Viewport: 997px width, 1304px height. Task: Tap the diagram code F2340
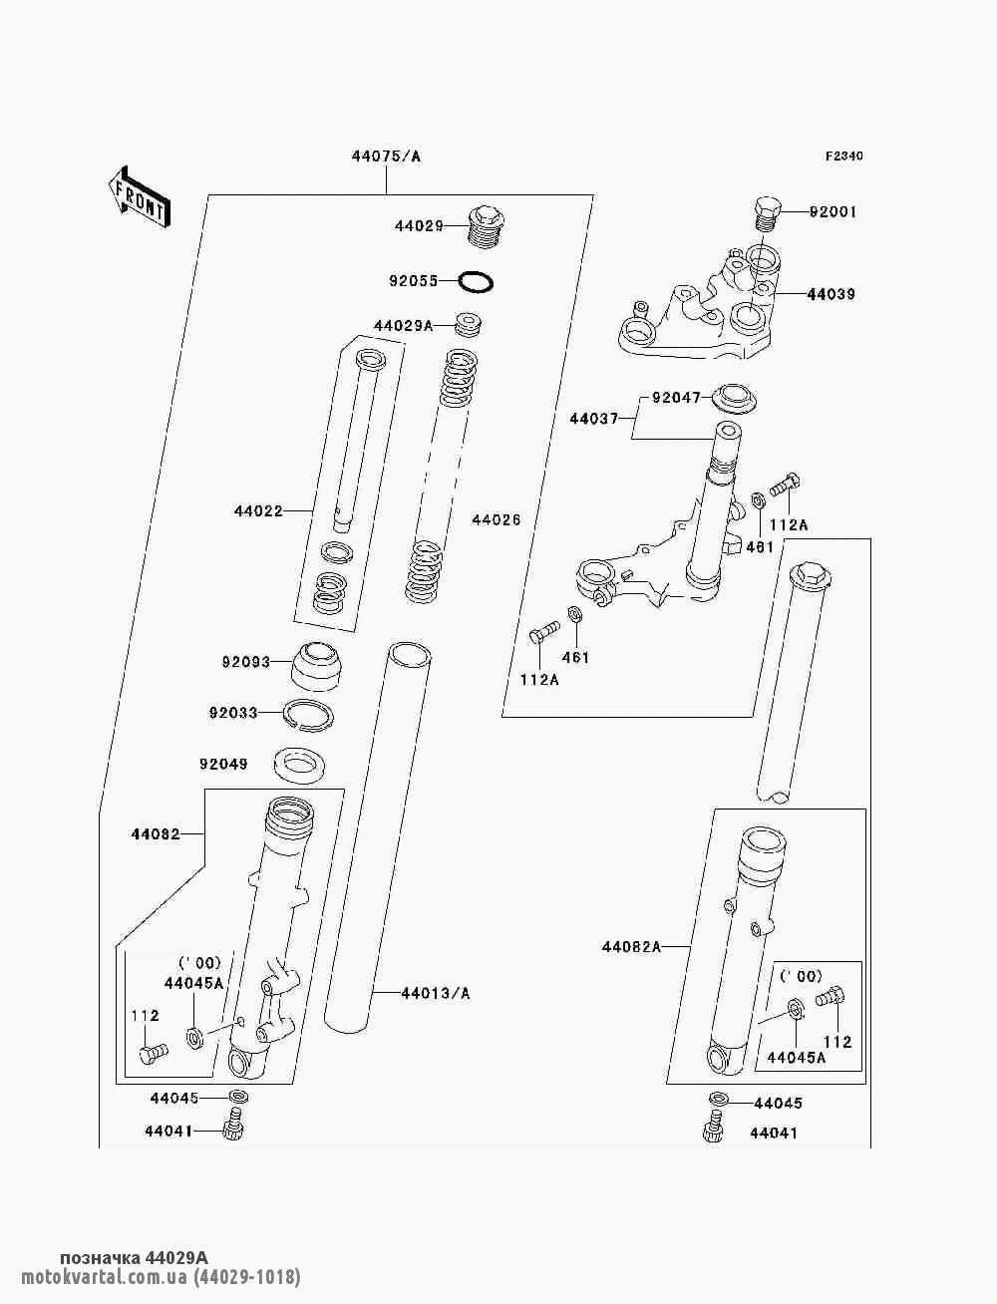pos(843,156)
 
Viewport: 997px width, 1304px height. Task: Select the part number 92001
pos(832,212)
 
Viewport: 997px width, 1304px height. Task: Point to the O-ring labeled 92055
pos(477,282)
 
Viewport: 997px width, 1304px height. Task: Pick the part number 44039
pos(831,294)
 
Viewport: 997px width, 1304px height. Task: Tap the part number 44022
pos(258,511)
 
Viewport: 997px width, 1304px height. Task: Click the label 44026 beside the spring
pos(496,520)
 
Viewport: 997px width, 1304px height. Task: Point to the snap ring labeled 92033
pos(309,714)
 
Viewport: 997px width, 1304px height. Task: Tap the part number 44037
pos(594,419)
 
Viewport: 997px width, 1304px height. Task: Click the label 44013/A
pos(435,993)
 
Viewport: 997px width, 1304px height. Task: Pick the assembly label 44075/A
pos(386,157)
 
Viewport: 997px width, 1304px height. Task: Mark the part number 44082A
pos(631,946)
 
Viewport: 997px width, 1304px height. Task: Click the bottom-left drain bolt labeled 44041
pos(235,1130)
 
